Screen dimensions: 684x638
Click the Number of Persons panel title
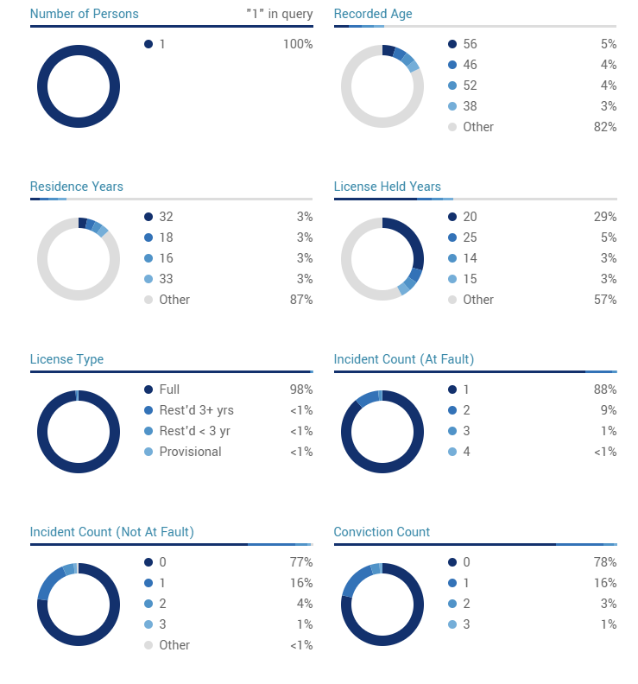tap(84, 14)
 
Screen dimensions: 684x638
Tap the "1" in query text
tap(278, 14)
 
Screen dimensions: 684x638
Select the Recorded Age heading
tap(373, 14)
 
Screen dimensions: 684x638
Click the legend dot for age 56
tap(452, 44)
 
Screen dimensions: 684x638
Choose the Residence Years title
tap(76, 187)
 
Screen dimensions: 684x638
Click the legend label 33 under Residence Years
tap(166, 279)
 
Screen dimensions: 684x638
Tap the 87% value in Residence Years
tap(300, 300)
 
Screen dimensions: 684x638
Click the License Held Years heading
tap(387, 187)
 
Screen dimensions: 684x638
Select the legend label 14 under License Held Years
tap(470, 258)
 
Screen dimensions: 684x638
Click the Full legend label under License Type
tap(169, 389)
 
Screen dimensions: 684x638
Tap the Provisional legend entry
tap(190, 452)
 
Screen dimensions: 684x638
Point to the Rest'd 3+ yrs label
tap(196, 410)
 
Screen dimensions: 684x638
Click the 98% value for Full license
tap(300, 389)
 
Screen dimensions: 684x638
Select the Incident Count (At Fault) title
tap(403, 359)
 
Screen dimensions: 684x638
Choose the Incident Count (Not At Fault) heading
tap(111, 532)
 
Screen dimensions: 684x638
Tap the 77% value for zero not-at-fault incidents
tap(300, 562)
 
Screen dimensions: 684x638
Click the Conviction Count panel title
tap(382, 532)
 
